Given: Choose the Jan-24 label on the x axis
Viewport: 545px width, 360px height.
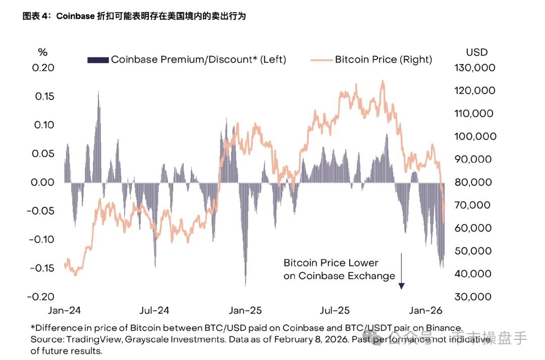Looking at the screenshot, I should (64, 310).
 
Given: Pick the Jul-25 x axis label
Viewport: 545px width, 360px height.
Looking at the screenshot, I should (335, 310).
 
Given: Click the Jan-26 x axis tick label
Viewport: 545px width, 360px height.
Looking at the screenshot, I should (425, 310).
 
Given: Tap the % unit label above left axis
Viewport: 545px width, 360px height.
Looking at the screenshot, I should (43, 52).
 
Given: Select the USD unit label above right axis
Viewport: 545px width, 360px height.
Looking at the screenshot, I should (476, 52).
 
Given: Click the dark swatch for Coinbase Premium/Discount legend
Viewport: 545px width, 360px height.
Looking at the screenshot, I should (98, 60).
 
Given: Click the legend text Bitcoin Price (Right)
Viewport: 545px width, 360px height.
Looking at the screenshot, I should (384, 59).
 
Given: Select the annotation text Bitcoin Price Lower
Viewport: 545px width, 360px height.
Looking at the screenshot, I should (331, 263).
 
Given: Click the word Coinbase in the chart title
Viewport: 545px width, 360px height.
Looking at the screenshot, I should (75, 16).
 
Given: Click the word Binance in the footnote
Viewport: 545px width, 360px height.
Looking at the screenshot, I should (445, 328).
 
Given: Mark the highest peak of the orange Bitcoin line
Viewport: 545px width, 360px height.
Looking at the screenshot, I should (383, 81).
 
